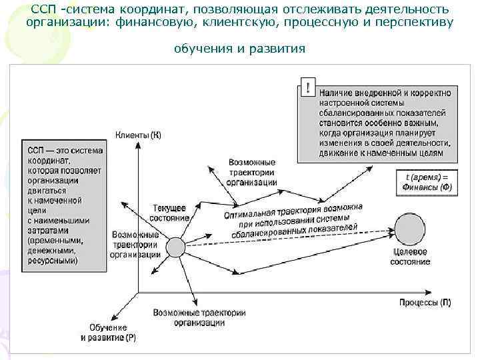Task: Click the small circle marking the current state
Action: (x=175, y=247)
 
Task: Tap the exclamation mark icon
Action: (x=307, y=88)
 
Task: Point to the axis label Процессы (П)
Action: (x=425, y=303)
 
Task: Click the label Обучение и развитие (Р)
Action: (x=108, y=333)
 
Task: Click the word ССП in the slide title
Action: (x=44, y=9)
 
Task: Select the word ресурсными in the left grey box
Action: (x=52, y=261)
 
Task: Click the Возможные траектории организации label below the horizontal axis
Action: (x=199, y=317)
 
